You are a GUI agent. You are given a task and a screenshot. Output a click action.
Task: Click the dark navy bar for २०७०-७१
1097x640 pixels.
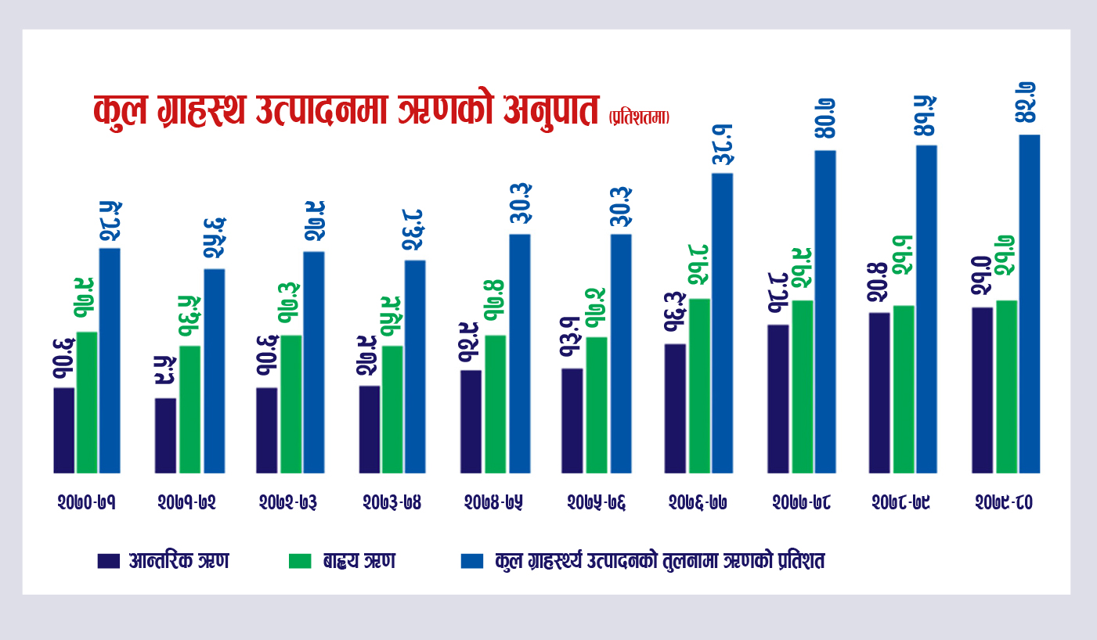(x=64, y=430)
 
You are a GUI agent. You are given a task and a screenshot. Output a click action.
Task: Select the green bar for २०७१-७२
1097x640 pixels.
(x=189, y=409)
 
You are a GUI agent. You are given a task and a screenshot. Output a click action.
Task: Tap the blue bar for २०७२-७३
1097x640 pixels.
(x=314, y=361)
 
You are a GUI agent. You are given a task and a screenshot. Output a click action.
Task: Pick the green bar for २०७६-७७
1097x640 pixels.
(x=699, y=385)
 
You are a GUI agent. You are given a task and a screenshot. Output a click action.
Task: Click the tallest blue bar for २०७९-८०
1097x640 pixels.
(x=1029, y=304)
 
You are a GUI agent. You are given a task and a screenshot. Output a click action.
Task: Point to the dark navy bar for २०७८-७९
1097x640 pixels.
(x=879, y=392)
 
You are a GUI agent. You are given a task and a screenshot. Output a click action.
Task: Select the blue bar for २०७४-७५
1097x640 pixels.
(x=520, y=353)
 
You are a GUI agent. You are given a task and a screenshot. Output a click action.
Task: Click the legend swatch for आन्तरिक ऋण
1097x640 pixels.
(x=109, y=561)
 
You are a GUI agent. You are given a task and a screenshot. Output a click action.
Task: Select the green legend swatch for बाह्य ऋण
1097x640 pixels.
(x=301, y=561)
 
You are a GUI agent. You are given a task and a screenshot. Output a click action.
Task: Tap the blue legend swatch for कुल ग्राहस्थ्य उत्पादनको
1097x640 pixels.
(x=472, y=561)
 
